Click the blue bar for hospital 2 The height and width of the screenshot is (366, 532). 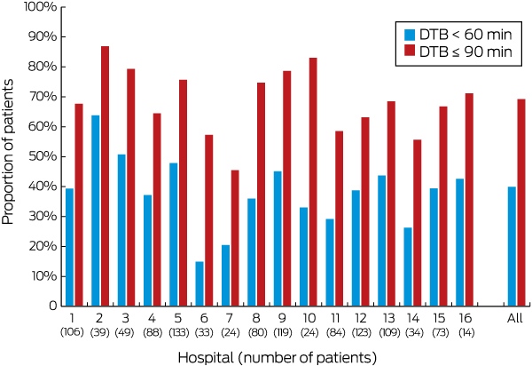(x=96, y=211)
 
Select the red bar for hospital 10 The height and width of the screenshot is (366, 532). (x=313, y=182)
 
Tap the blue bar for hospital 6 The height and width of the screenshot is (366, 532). (x=199, y=283)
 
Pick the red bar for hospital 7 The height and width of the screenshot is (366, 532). (x=235, y=238)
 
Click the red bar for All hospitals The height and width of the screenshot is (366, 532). (x=521, y=203)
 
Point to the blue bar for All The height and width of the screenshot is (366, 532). (x=512, y=246)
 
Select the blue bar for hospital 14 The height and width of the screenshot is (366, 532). (x=408, y=267)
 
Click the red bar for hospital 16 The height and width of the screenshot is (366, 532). (x=469, y=200)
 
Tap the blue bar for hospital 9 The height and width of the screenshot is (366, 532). (x=278, y=239)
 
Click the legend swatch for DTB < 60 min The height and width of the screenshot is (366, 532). (x=410, y=35)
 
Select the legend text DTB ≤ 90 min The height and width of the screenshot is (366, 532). (x=465, y=52)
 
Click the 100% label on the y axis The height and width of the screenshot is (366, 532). (x=40, y=7)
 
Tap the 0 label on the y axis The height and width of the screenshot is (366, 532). (x=52, y=306)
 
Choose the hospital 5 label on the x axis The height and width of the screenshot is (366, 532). (x=178, y=318)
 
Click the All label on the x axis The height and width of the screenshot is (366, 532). (x=515, y=318)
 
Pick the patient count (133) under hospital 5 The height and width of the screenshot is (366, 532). (x=179, y=332)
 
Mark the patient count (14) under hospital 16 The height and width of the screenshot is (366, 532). (x=466, y=332)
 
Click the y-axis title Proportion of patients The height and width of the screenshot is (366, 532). (x=7, y=152)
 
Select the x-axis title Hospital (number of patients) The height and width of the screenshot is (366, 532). (x=278, y=357)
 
